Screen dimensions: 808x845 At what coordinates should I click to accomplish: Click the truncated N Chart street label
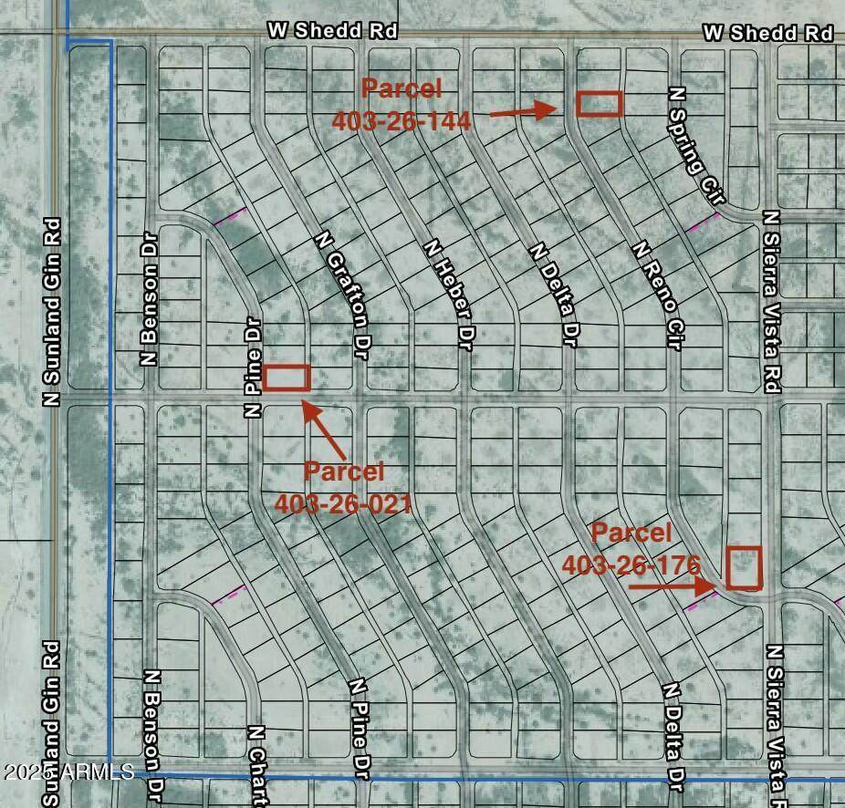tap(256, 765)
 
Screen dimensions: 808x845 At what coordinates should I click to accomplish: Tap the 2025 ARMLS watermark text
tap(68, 772)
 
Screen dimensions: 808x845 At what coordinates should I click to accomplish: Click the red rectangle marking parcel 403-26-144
tap(600, 104)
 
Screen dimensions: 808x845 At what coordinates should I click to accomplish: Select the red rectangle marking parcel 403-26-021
tap(287, 378)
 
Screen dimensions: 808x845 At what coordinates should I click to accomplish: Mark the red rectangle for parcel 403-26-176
tap(744, 567)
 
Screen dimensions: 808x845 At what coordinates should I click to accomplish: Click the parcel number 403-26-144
tap(401, 120)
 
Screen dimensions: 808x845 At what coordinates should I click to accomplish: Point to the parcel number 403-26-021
tap(343, 502)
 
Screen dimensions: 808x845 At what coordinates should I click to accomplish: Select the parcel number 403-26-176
tap(630, 565)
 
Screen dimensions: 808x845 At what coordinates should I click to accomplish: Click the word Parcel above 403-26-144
tap(402, 88)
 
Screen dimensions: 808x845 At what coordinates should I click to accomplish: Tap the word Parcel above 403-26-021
tap(343, 471)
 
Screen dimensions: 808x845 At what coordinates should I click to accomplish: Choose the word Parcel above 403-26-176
tap(631, 533)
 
